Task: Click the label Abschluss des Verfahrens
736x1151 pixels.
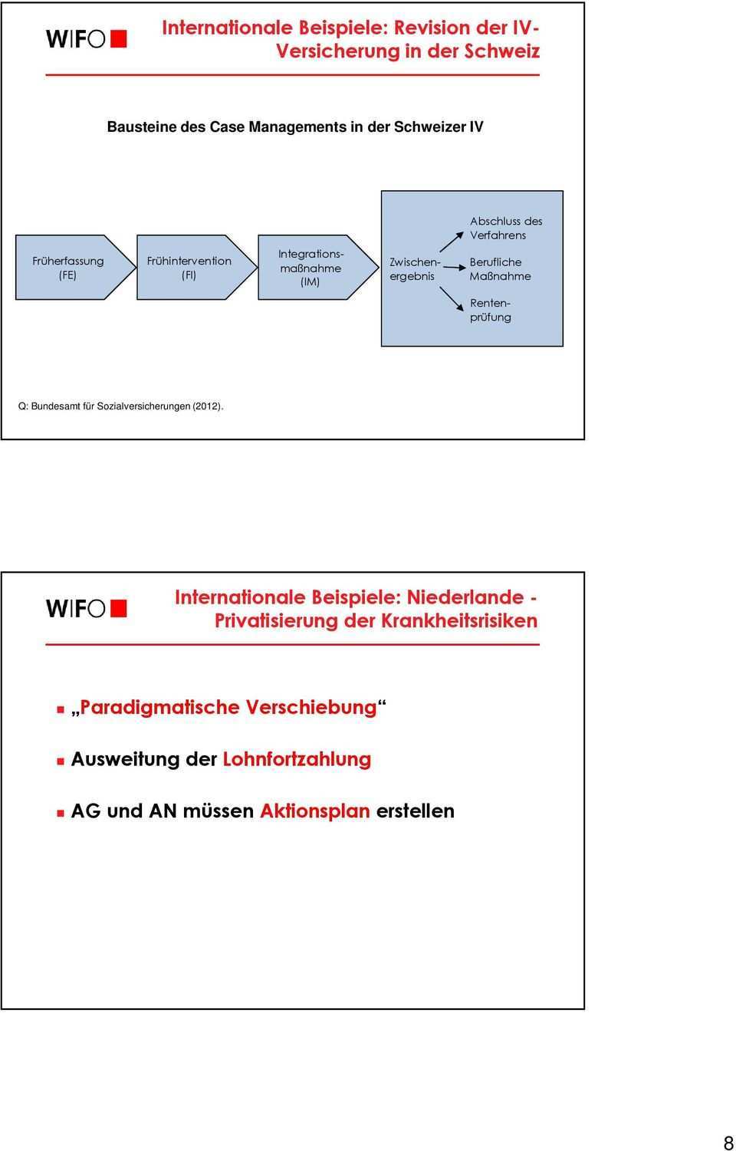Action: click(x=505, y=228)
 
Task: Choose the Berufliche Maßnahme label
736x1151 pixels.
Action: click(x=500, y=269)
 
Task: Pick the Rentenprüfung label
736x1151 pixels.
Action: click(x=491, y=311)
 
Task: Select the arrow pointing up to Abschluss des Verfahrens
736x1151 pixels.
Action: click(x=452, y=241)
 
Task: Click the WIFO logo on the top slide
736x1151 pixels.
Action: click(x=86, y=39)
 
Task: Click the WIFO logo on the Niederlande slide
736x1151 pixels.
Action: click(x=86, y=608)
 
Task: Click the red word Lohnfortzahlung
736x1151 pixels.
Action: click(x=297, y=759)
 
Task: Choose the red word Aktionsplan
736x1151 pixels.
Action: click(x=315, y=811)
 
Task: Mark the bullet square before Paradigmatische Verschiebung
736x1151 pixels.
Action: click(x=60, y=710)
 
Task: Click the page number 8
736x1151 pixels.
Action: click(x=728, y=1143)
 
